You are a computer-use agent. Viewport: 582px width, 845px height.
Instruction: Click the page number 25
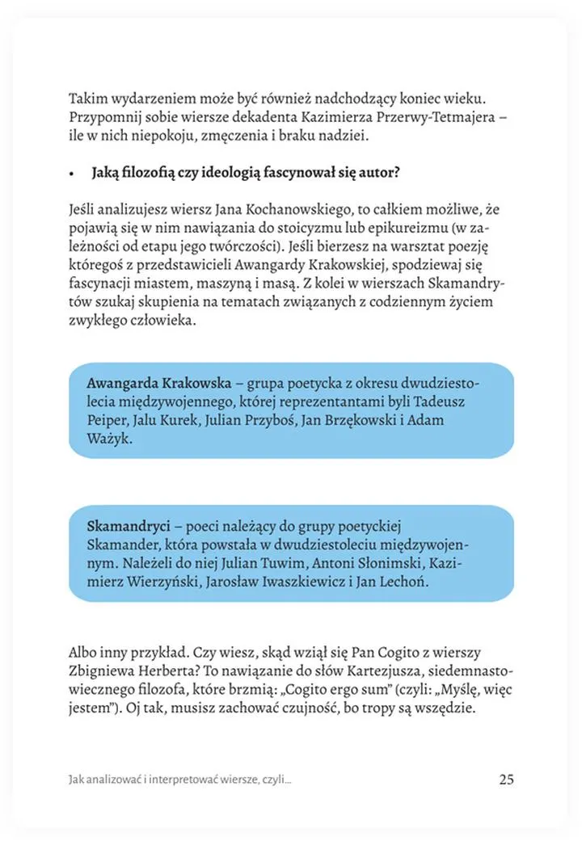[506, 780]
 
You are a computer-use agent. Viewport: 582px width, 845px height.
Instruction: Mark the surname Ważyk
[106, 440]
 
